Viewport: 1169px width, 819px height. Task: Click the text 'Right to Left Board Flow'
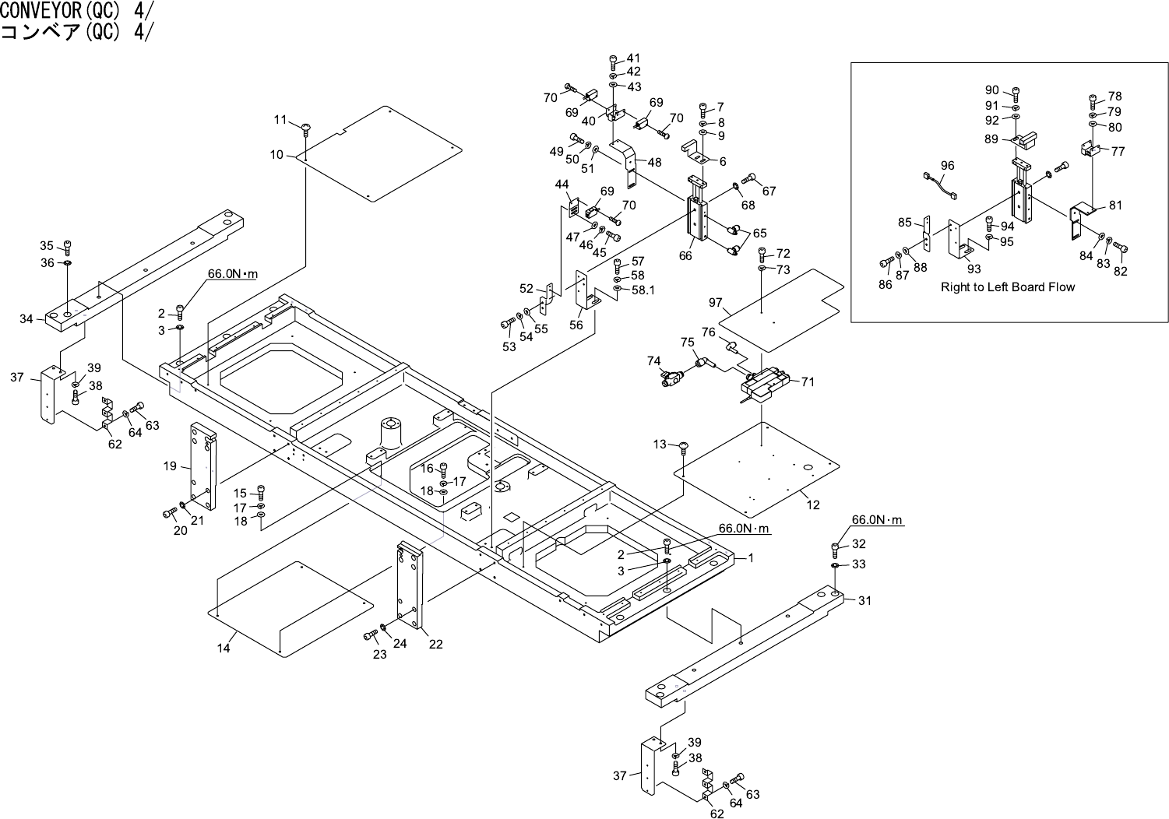(x=1007, y=287)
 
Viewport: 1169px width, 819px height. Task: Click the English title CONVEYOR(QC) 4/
(x=77, y=10)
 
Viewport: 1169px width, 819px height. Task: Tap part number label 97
(x=715, y=302)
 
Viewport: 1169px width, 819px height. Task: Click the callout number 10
(x=276, y=155)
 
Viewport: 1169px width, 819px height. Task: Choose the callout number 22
(x=436, y=644)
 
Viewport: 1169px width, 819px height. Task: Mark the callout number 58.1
(x=643, y=290)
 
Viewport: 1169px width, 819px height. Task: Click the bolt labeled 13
(x=682, y=447)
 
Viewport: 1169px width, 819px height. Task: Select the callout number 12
(x=813, y=504)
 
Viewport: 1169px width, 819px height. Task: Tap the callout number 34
(x=26, y=318)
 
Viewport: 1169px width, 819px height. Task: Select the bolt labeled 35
(x=68, y=248)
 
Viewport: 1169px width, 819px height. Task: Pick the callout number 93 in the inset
(x=974, y=269)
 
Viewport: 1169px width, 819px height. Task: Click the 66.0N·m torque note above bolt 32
(x=878, y=519)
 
